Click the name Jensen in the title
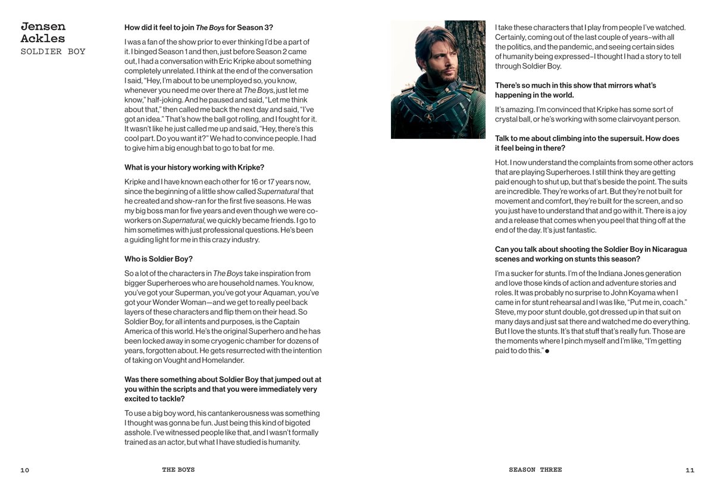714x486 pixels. pos(43,27)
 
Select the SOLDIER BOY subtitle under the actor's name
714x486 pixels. pos(53,52)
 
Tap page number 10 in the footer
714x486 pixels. pos(24,470)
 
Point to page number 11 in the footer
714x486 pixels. pos(690,470)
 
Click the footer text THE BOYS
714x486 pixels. pos(178,470)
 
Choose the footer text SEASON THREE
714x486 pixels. pos(535,470)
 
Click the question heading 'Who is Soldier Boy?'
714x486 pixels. pos(158,259)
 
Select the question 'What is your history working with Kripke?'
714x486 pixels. pos(194,167)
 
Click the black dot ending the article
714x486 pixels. pos(547,351)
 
